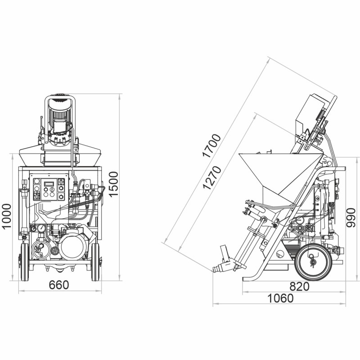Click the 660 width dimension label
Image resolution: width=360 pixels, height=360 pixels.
click(59, 285)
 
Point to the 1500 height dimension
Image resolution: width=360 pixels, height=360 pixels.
click(114, 184)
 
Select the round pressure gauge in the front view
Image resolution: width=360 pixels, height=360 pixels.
click(41, 228)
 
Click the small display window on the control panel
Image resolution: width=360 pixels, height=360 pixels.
click(47, 183)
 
